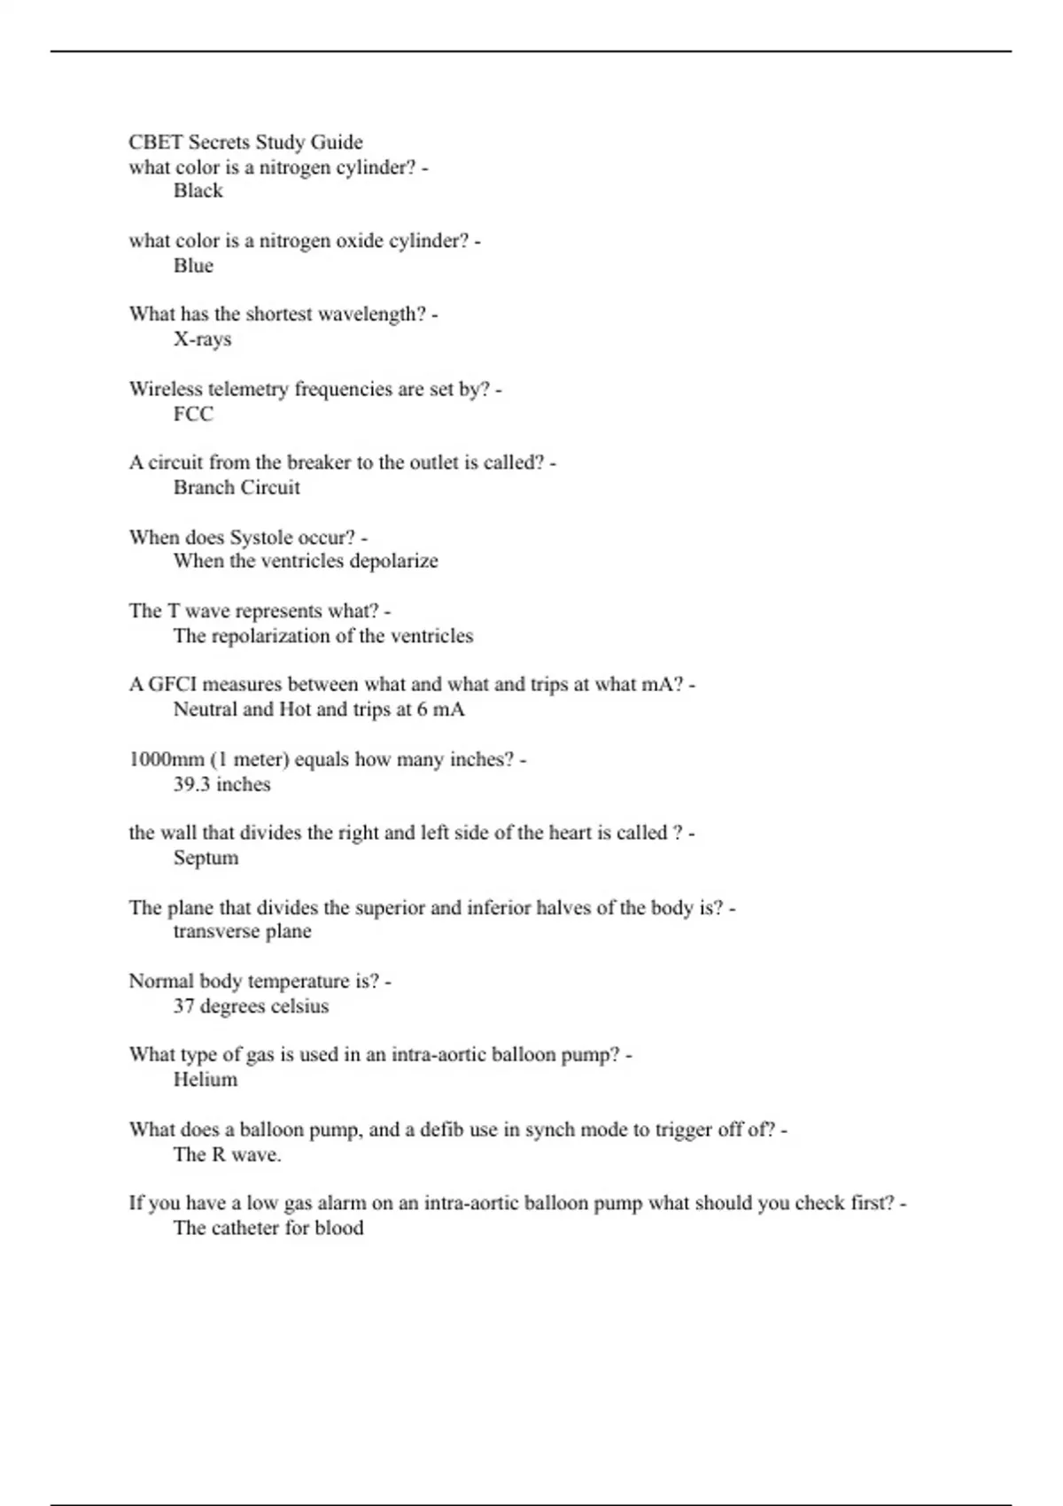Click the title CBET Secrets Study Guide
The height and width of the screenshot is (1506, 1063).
click(245, 143)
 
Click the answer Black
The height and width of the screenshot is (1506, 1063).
click(198, 191)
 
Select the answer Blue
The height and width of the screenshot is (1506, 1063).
click(193, 266)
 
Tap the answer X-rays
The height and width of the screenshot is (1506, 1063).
click(202, 339)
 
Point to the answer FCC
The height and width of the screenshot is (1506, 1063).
click(193, 414)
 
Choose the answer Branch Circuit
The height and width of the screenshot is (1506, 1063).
click(237, 487)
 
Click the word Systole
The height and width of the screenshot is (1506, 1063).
click(261, 537)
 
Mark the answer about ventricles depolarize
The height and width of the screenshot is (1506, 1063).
click(306, 561)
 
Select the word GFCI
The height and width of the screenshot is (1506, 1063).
click(171, 685)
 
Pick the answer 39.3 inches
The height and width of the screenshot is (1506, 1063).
click(221, 784)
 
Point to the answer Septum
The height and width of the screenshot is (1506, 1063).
click(206, 858)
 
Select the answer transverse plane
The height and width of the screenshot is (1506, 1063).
click(242, 931)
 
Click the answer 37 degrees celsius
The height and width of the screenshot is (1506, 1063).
click(251, 1006)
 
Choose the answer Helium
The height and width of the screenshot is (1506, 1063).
click(206, 1080)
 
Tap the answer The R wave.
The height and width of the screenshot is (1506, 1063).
click(227, 1154)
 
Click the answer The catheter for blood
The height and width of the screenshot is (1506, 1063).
click(268, 1228)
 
